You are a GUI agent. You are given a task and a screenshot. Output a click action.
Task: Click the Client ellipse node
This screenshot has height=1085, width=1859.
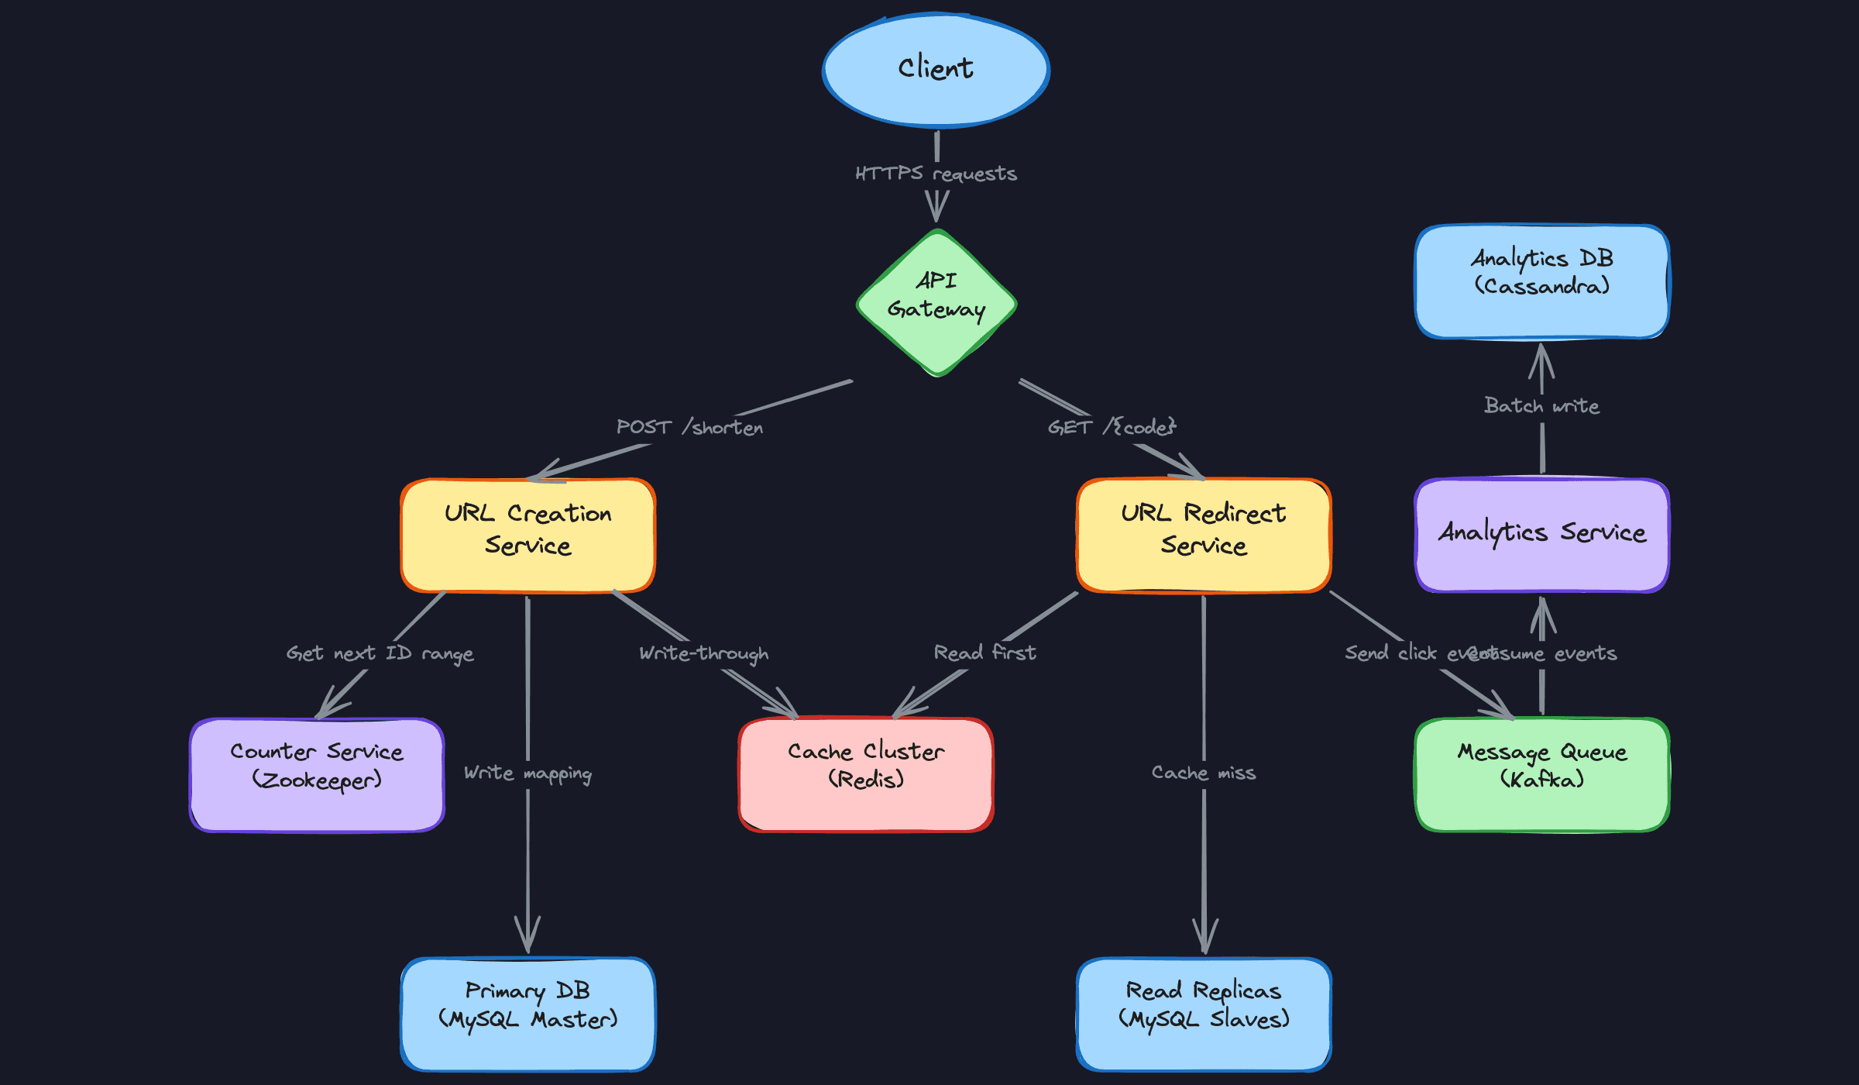936,70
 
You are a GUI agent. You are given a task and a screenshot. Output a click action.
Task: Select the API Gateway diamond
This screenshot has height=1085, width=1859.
936,302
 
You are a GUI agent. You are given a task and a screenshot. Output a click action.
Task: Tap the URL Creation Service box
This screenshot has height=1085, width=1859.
527,535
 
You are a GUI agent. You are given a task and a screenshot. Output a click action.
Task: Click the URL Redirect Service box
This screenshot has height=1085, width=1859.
1204,535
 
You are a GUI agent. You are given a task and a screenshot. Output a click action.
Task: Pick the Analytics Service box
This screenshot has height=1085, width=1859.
1541,535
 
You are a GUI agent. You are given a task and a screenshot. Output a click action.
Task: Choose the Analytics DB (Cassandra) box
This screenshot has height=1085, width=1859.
1541,281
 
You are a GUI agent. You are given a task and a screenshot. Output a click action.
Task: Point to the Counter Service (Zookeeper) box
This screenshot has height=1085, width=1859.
317,775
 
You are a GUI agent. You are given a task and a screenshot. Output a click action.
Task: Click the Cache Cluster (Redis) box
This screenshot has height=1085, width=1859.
866,775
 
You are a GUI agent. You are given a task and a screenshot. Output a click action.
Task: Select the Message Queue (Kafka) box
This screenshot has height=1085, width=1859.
1541,775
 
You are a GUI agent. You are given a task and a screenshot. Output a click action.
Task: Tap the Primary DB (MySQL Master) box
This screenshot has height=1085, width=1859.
527,1014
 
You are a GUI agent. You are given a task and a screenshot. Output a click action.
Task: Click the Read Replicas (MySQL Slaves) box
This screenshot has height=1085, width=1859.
1204,1014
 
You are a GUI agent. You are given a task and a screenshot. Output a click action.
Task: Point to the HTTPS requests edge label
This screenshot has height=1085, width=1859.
936,174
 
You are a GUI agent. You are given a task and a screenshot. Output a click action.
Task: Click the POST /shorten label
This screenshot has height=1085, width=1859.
689,427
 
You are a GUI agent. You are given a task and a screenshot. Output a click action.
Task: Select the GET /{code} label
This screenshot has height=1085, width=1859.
1112,427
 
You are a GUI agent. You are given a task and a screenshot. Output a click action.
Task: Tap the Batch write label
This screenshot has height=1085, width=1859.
1541,406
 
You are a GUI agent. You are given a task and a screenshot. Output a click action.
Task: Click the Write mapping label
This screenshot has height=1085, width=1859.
527,773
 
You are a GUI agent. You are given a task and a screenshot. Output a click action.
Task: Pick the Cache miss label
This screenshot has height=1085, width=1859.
1204,773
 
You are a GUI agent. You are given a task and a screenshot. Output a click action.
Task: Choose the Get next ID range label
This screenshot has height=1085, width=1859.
380,653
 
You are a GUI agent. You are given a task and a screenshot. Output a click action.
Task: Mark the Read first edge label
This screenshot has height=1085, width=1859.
984,653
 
